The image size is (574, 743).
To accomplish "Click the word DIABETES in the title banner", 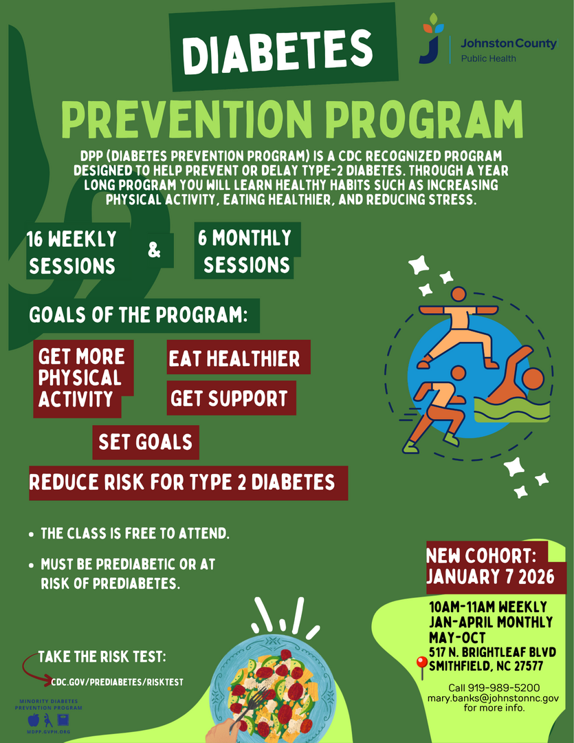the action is [x=278, y=51].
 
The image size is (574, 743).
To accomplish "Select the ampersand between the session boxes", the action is [x=155, y=250].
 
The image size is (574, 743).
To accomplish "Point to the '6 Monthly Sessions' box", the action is [x=247, y=251].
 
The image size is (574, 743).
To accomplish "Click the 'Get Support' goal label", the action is [x=231, y=398].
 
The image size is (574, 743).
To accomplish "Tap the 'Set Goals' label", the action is [x=146, y=442].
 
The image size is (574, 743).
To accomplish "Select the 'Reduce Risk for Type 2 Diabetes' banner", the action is [x=188, y=483].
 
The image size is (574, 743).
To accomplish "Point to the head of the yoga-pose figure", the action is [x=459, y=294].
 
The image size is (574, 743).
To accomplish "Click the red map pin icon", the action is [x=421, y=667].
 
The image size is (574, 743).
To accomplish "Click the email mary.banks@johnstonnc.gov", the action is [x=493, y=698].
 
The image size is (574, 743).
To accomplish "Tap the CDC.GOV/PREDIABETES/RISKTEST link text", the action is [x=117, y=682].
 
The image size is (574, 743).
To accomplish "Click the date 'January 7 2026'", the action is [x=490, y=577].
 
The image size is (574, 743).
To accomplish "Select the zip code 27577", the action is [x=529, y=666].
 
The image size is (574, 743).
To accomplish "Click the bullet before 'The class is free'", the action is [x=31, y=535].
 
